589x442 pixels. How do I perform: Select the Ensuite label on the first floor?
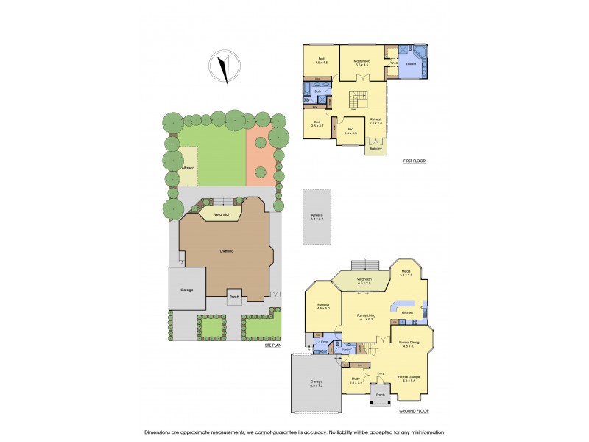[412, 64]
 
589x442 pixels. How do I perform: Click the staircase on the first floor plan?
[358, 99]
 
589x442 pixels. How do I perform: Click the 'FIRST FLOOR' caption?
[415, 161]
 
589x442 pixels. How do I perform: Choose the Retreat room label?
[375, 120]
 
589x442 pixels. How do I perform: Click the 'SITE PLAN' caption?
[273, 345]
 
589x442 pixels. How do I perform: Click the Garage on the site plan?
[187, 290]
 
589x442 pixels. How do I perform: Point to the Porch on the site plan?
[234, 298]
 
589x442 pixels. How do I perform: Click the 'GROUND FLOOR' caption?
[415, 410]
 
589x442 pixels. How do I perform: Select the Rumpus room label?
[322, 306]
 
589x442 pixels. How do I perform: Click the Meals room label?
[406, 273]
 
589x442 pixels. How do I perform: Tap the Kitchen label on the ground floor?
[407, 313]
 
